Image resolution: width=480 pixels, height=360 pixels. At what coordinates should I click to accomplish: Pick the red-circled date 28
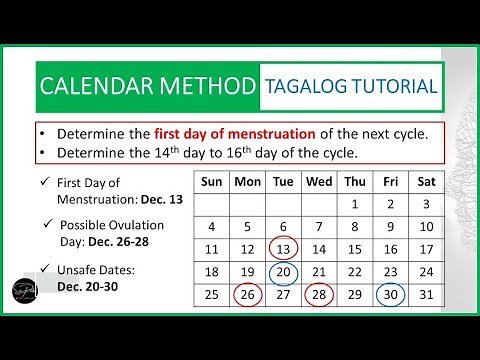317,294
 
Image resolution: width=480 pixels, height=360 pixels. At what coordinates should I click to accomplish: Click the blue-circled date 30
390,294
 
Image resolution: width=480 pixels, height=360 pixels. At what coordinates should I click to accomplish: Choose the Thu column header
354,182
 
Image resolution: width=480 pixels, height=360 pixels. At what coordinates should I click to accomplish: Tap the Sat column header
426,182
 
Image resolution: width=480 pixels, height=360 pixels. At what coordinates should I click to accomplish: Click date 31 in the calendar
426,294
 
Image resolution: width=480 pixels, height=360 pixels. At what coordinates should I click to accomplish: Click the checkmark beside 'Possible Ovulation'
49,224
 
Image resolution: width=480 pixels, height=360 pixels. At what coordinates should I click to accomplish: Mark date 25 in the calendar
210,294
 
